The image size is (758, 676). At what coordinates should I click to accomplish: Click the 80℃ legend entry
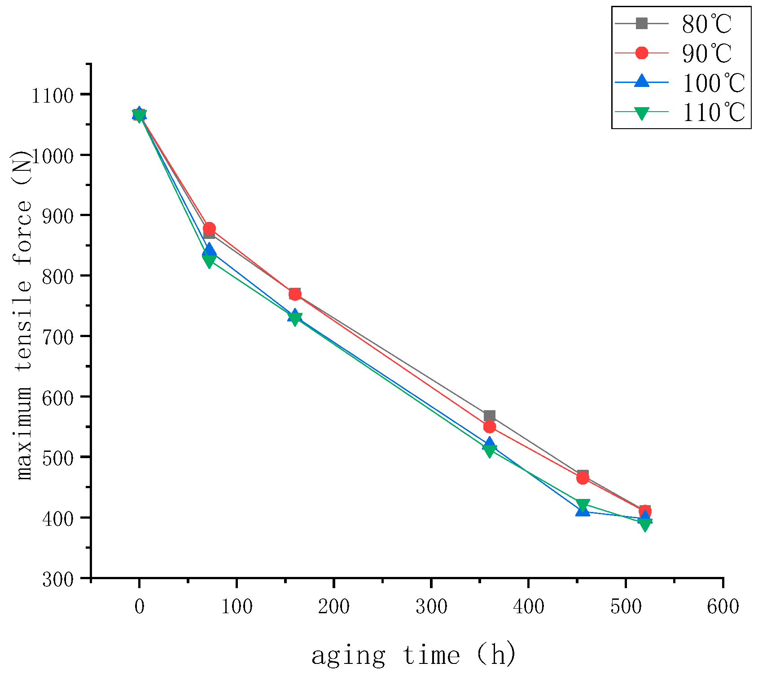706,24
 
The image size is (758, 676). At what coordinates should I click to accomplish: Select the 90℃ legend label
706,53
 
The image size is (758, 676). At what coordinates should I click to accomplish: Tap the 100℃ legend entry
713,83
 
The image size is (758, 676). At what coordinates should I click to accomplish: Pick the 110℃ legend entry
713,112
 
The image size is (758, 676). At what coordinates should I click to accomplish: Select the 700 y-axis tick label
58,337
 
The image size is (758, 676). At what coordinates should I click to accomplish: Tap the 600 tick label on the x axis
723,607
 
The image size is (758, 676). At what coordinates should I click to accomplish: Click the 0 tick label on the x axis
140,607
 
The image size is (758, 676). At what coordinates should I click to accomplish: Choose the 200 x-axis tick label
334,607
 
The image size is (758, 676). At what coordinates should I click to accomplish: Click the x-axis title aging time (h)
414,655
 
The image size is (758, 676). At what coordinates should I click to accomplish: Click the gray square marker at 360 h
490,416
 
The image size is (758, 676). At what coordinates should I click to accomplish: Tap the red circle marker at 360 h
490,427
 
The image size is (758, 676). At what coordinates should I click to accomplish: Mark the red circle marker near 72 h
209,228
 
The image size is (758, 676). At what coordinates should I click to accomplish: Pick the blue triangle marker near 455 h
583,510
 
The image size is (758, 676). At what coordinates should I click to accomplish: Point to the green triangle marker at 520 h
645,524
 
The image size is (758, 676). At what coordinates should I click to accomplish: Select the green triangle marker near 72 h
209,261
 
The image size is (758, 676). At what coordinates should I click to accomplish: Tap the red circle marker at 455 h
583,478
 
